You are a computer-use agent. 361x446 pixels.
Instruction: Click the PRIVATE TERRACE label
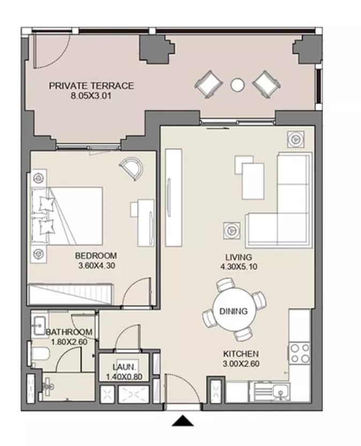[91, 86]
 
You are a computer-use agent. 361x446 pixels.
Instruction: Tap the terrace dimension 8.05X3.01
[91, 96]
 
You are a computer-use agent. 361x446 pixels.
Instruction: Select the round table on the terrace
[237, 85]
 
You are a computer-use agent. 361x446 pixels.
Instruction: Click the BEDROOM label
[96, 256]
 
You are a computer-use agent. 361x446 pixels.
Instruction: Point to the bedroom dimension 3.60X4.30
[96, 266]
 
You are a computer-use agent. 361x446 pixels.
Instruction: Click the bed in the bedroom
[67, 216]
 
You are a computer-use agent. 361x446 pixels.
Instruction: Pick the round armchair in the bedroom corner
[132, 168]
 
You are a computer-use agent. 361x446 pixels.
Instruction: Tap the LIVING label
[239, 257]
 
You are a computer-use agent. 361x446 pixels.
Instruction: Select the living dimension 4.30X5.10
[239, 267]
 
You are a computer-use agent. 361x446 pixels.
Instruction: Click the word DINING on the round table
[234, 311]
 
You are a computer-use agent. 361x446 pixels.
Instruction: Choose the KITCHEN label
[241, 354]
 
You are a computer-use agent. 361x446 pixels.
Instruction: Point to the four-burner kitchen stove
[299, 353]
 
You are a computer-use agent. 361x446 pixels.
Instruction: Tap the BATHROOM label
[69, 332]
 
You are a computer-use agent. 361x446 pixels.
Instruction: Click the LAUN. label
[124, 367]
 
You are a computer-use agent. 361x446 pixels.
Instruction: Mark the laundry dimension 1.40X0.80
[124, 377]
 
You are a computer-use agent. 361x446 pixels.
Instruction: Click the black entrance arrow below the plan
[183, 421]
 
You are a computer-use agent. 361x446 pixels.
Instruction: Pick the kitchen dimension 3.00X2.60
[241, 364]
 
